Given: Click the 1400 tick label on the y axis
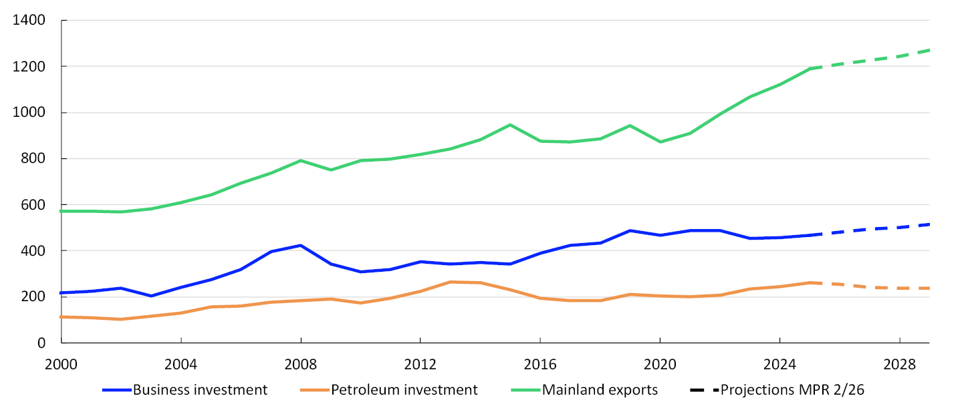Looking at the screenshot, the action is [29, 20].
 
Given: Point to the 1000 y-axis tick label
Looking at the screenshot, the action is [29, 112].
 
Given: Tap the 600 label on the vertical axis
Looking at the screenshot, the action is [33, 205].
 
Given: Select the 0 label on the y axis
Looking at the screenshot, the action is [41, 343].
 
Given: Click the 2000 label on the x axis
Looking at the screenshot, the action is [62, 365].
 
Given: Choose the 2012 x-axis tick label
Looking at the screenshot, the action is [420, 365].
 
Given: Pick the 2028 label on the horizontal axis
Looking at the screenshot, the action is [899, 365].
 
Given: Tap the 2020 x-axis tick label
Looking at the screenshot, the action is [660, 365].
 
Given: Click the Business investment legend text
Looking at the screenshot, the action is [200, 390].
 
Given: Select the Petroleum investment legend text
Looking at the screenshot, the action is [404, 390].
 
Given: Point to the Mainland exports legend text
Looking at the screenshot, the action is [600, 390].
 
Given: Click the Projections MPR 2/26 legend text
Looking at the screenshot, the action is [792, 390].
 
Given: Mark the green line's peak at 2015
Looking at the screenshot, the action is [509, 125].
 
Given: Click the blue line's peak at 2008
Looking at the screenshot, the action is [301, 246].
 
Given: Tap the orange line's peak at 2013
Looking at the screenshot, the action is [450, 282].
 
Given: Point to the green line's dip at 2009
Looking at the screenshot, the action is [331, 170].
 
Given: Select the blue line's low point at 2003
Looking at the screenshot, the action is [151, 296].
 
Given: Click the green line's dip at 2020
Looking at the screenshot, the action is [660, 142].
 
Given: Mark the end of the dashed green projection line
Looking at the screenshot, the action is [929, 50].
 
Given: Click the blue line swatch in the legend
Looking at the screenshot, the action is [116, 391].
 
